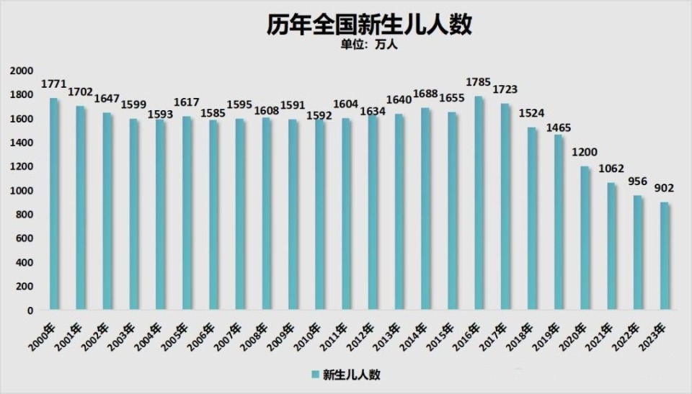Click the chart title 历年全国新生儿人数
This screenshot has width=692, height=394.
pos(368,25)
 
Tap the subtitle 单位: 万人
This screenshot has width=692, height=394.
pos(368,45)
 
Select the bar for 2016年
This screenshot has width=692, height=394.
pos(479,203)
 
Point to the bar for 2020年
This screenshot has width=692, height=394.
pos(585,238)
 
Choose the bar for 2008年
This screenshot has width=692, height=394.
pos(267,214)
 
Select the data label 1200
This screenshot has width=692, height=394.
pos(585,153)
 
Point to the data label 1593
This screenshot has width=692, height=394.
pos(160,113)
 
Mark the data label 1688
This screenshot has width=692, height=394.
pos(426,95)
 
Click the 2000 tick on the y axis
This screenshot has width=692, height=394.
pos(22,71)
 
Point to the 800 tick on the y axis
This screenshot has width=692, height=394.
pos(25,215)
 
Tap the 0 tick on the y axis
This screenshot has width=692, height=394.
pos(30,310)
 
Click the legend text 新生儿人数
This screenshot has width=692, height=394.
pos(351,375)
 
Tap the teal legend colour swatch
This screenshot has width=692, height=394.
pos(315,375)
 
